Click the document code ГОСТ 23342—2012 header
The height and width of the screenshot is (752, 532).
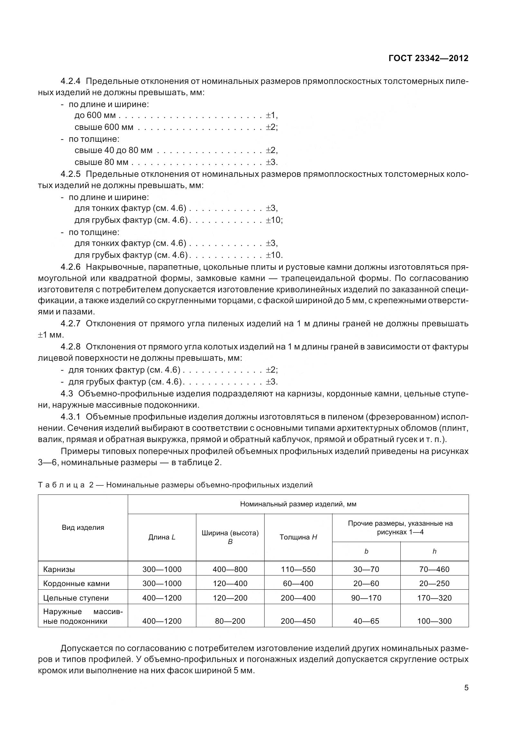pos(428,58)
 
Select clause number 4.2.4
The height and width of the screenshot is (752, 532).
pos(70,81)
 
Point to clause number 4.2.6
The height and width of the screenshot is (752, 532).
pos(70,267)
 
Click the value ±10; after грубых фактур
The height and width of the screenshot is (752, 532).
pos(274,220)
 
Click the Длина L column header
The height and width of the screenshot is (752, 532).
pos(162,537)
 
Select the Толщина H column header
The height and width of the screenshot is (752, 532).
pos(298,537)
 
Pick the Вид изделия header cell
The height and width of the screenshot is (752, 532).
pos(83,527)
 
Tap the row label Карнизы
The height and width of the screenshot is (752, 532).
pos(59,570)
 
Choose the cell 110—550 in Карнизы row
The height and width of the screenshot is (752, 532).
pos(298,570)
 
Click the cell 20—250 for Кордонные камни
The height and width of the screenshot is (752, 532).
pos(434,584)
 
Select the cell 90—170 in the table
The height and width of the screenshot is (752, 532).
pos(366,598)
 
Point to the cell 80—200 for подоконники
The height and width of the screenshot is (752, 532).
pos(230,621)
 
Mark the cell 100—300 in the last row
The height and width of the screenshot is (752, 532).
pos(434,621)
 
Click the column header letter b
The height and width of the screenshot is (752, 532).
pos(366,552)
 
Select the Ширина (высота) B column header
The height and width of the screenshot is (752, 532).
pos(230,537)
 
